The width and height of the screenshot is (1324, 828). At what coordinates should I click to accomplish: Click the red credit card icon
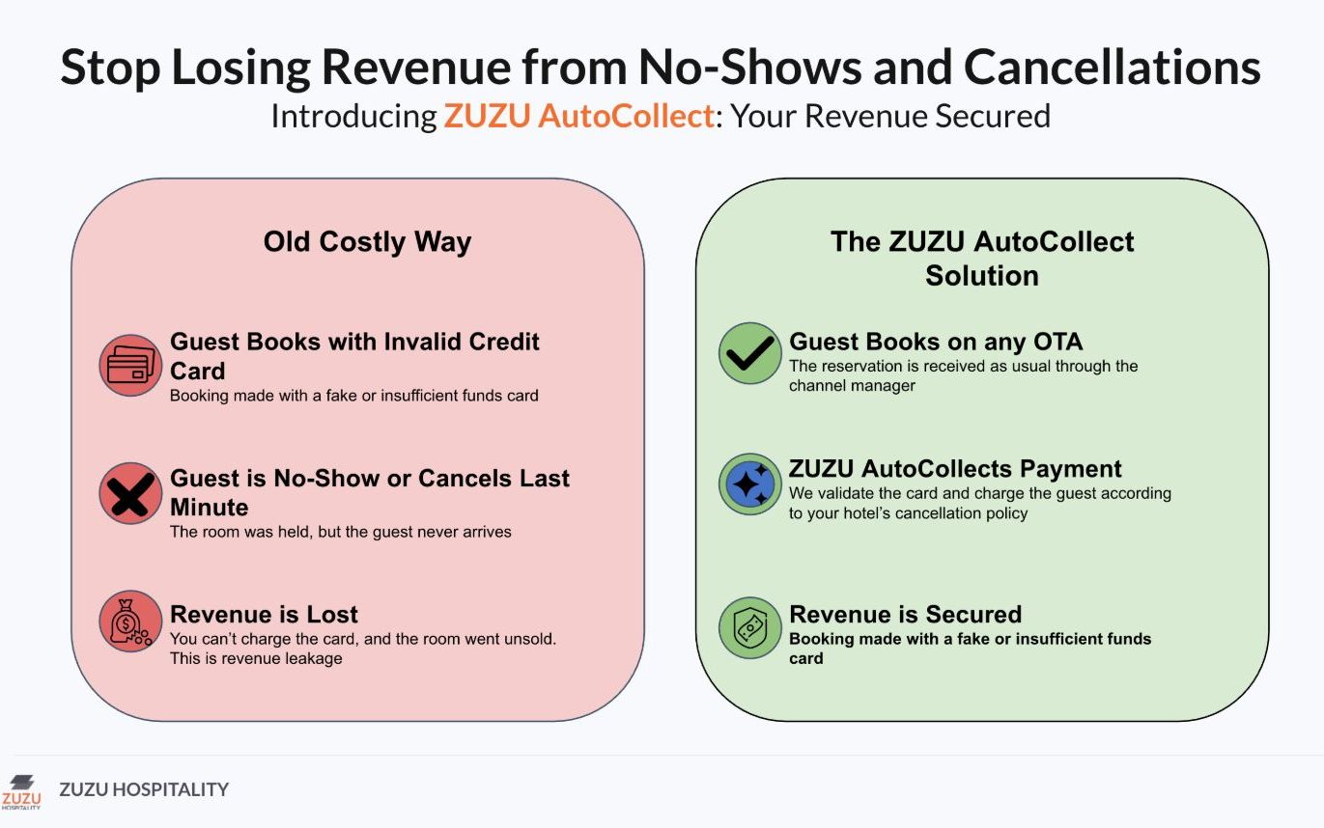(x=130, y=365)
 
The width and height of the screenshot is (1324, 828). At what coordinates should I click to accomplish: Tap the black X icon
(x=130, y=494)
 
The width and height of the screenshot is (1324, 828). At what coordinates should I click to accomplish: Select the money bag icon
(x=130, y=621)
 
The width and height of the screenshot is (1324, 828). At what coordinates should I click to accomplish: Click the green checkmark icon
(x=750, y=353)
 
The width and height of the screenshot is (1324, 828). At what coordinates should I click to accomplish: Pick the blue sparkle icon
(x=750, y=484)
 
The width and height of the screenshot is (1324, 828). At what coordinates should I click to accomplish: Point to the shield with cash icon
(x=750, y=627)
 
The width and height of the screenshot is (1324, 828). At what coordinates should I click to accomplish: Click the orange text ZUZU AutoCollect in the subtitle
(x=579, y=116)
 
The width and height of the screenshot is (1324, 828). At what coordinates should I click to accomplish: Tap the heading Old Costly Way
(x=367, y=242)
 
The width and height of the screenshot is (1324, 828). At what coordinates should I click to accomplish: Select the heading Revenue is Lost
(x=264, y=614)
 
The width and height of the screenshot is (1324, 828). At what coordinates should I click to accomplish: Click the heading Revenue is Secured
(x=906, y=614)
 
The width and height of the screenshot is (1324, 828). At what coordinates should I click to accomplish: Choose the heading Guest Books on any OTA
(x=936, y=342)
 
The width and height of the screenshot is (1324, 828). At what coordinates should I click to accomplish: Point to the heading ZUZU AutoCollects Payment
(x=955, y=468)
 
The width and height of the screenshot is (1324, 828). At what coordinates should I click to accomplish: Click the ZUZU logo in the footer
(x=21, y=792)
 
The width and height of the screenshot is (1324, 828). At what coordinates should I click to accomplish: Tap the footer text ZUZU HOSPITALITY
(x=144, y=789)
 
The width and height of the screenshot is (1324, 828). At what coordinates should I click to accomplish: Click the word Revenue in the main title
(x=416, y=68)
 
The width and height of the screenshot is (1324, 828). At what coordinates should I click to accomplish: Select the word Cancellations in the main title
(x=1113, y=68)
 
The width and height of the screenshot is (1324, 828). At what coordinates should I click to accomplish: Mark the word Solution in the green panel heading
(x=982, y=276)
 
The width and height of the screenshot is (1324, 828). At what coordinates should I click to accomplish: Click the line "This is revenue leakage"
(x=256, y=658)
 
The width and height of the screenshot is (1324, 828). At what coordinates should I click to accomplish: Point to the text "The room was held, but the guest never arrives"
(x=341, y=532)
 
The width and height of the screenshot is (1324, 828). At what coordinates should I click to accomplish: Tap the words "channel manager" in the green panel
(x=852, y=386)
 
